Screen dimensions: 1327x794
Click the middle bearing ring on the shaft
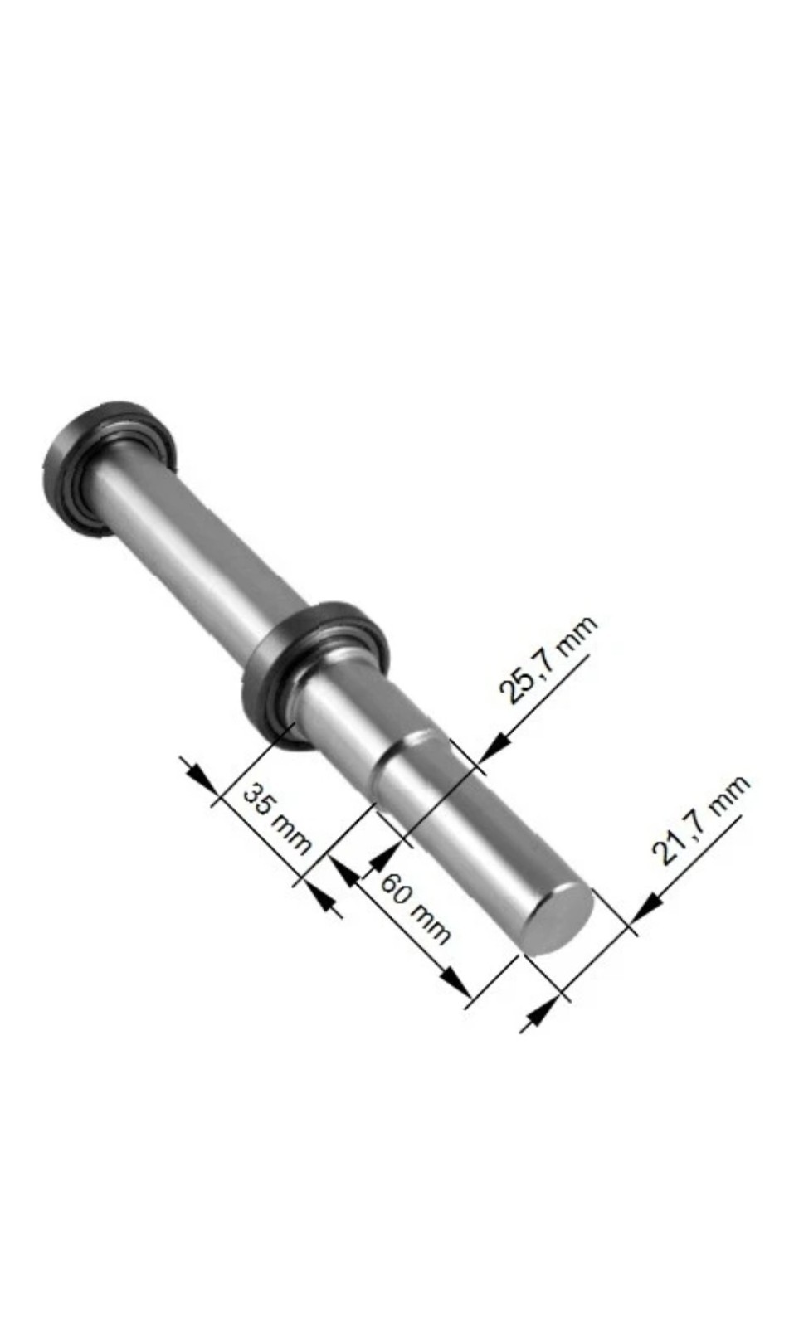pos(314,672)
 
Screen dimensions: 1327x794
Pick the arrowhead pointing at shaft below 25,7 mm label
pos(491,748)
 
